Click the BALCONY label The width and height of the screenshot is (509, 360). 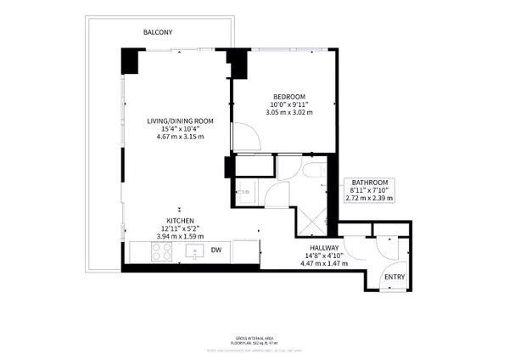tap(158, 32)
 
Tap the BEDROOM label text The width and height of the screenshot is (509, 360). tap(289, 95)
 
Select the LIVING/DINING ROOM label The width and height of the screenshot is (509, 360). tap(179, 121)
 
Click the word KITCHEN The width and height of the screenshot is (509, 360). tap(179, 220)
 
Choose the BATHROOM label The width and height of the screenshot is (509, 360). tap(369, 183)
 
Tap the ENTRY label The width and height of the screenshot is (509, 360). tap(394, 278)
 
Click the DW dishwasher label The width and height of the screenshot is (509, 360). tap(216, 250)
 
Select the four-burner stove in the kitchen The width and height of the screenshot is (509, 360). tap(160, 251)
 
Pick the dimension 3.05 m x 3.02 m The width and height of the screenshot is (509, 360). tap(289, 112)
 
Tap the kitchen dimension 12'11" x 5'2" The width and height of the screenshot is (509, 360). tap(179, 228)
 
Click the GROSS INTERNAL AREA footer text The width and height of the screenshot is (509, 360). tap(255, 337)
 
